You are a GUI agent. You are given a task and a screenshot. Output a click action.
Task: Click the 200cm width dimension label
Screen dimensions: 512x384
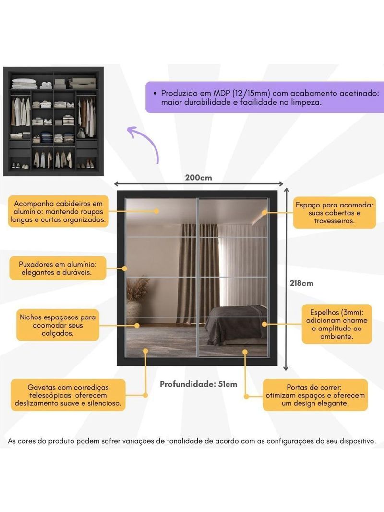coord(199,177)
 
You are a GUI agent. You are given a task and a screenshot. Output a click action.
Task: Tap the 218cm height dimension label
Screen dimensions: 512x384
coord(301,283)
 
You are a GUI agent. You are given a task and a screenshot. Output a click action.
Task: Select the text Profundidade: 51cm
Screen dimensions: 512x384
coord(198,384)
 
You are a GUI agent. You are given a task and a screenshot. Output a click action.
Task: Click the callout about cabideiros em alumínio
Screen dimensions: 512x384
coord(58,211)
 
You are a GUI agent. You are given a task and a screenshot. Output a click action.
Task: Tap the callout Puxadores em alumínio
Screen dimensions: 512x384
coord(57,268)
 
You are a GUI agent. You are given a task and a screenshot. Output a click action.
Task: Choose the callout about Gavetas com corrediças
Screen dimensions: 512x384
coord(68,395)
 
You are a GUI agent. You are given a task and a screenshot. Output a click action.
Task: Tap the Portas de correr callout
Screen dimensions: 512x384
coord(315,395)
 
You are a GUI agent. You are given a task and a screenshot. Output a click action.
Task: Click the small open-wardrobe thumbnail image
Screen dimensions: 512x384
coord(54,121)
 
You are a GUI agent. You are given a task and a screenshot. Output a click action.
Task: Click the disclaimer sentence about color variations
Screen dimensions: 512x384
coord(192,441)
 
